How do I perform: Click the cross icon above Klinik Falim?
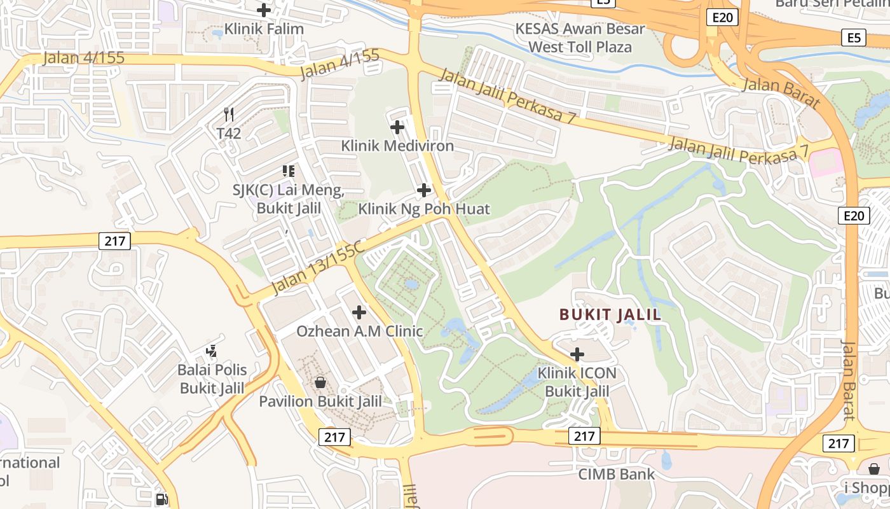click(263, 10)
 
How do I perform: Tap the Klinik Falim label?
click(264, 29)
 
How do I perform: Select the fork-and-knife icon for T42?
click(229, 115)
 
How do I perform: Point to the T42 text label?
click(229, 134)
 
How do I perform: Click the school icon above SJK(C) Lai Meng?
click(289, 171)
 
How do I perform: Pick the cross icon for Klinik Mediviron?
click(397, 127)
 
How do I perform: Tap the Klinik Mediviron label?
click(397, 146)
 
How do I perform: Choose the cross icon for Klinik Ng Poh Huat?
click(424, 190)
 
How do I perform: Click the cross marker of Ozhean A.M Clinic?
click(359, 312)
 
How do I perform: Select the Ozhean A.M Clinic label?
click(359, 331)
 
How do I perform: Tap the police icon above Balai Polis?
click(212, 351)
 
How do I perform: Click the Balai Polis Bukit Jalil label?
click(212, 379)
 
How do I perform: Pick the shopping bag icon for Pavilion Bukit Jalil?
click(320, 382)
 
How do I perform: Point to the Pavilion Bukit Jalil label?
click(320, 401)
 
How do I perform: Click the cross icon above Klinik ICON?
click(577, 354)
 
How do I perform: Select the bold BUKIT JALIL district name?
click(610, 314)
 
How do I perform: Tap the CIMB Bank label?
click(616, 474)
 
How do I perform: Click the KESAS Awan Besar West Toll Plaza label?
click(580, 38)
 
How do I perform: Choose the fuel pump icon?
click(163, 500)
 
